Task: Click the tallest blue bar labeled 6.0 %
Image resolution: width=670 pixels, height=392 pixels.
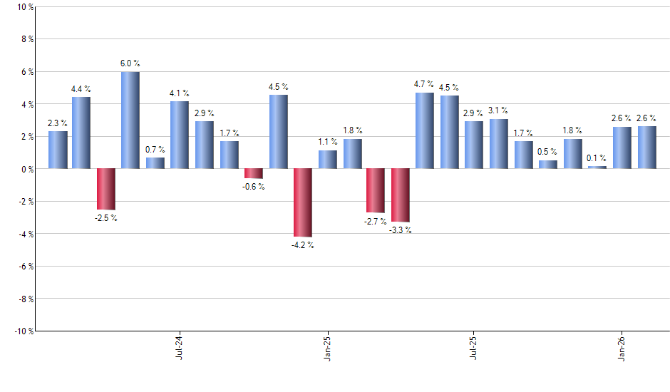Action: click(x=130, y=120)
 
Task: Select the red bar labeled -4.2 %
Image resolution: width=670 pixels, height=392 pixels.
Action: click(x=303, y=202)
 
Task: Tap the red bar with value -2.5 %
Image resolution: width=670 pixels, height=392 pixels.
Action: click(x=106, y=189)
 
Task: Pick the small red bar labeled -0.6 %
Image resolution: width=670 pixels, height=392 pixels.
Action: click(x=254, y=173)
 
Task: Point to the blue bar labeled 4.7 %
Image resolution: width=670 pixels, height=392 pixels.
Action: click(x=425, y=130)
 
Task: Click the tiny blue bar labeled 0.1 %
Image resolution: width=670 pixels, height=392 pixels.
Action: click(x=597, y=167)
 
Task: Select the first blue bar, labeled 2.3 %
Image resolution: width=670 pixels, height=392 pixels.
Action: click(x=58, y=150)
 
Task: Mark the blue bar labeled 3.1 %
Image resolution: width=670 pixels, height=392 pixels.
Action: click(x=499, y=144)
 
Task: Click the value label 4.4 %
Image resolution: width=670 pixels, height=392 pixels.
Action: click(x=81, y=89)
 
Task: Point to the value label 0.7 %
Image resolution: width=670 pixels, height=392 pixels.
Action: click(x=155, y=150)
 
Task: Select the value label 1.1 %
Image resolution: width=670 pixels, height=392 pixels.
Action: click(x=328, y=142)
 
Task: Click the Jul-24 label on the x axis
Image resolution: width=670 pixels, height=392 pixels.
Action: click(x=178, y=347)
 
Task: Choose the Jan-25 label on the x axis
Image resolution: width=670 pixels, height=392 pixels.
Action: click(x=326, y=347)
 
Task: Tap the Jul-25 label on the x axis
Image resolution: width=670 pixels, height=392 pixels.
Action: click(x=473, y=347)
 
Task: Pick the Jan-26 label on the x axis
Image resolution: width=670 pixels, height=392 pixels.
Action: click(x=622, y=347)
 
